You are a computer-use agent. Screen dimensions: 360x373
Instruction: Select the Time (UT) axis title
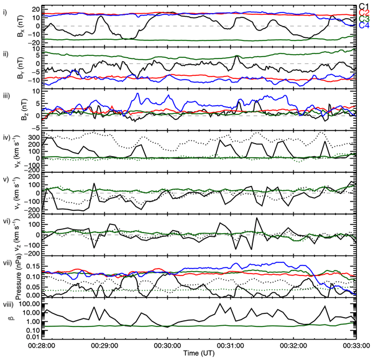199,353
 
